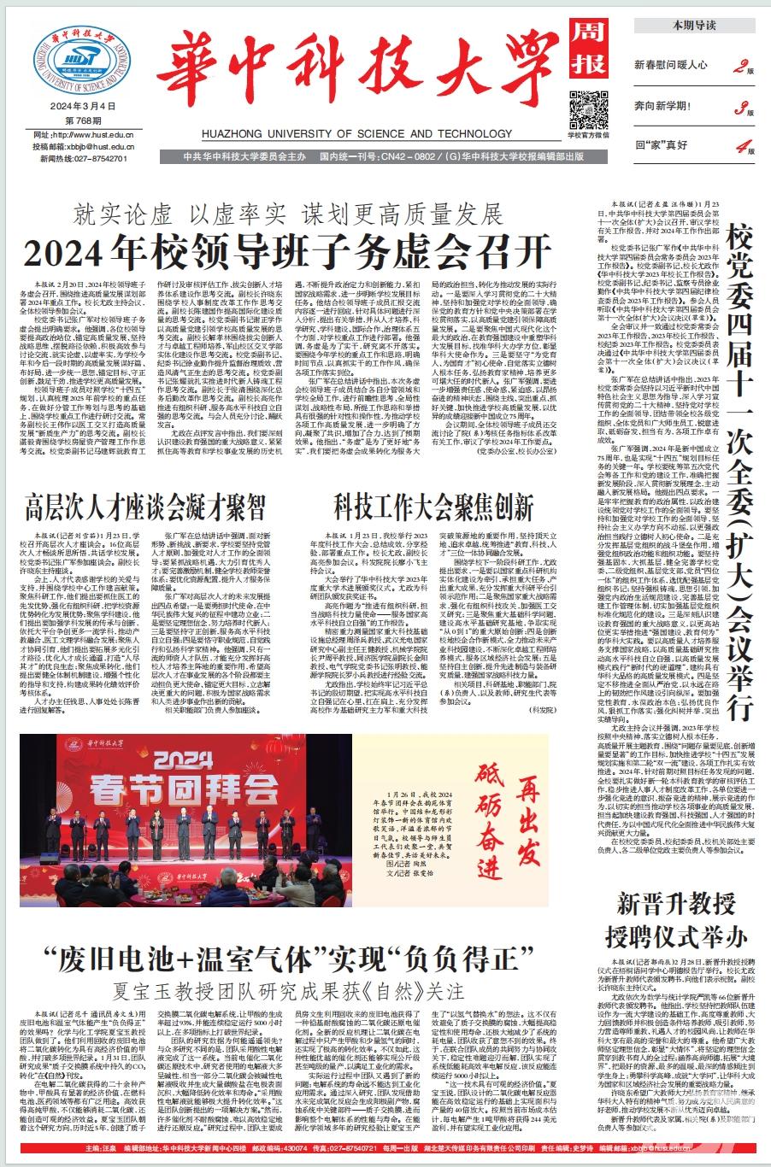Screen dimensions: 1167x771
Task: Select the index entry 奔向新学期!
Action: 668,107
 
